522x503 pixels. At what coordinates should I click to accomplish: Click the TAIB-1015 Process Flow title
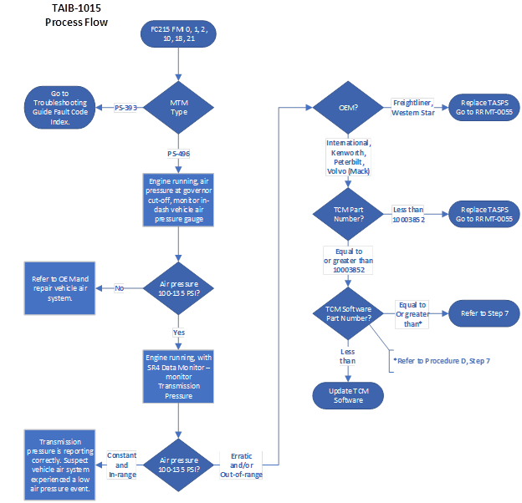coord(76,15)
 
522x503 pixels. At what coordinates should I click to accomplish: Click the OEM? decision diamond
coord(349,107)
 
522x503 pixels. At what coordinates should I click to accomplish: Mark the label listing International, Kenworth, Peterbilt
coord(349,157)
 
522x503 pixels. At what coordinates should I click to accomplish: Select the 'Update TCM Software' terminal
coord(349,394)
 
